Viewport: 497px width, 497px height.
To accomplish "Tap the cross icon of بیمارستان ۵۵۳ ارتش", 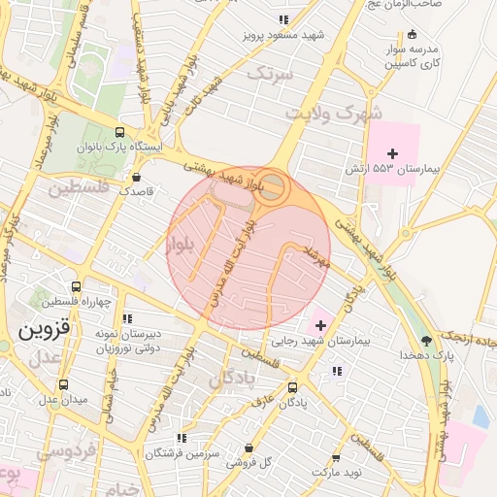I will tap(392, 153).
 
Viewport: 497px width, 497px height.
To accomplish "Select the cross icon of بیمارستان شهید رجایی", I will tap(321, 323).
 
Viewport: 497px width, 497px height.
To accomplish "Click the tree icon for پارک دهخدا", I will tap(425, 341).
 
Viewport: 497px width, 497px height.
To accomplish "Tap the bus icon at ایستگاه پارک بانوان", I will tap(119, 133).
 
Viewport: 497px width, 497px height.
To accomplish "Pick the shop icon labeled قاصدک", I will tap(136, 178).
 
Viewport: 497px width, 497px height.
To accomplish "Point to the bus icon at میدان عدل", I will tap(64, 384).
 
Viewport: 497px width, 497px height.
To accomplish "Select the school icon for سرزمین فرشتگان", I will tap(184, 439).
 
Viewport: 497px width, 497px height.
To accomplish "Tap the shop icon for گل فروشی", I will tap(249, 448).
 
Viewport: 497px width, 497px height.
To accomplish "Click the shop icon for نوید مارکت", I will tap(336, 457).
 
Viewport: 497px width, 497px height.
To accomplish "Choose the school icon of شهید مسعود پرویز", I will tap(282, 19).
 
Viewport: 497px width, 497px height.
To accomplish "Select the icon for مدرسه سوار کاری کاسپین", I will tap(413, 34).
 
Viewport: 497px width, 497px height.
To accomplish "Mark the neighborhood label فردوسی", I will tap(59, 450).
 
